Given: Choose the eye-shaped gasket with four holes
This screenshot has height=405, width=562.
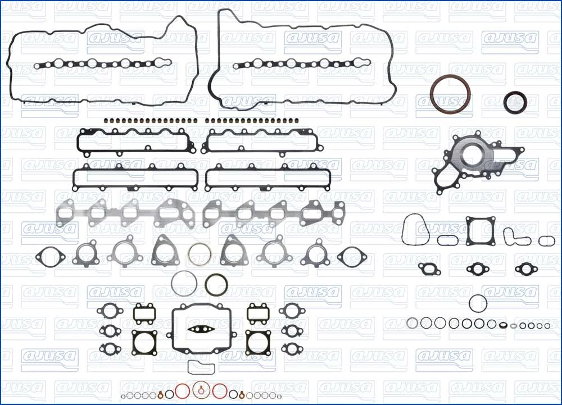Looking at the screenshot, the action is [201, 329].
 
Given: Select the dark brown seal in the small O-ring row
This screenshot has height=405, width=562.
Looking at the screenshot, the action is [504, 325].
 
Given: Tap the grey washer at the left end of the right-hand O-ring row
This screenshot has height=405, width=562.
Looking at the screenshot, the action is [412, 323].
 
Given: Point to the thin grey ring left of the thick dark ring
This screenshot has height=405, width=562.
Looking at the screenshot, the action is [172, 283].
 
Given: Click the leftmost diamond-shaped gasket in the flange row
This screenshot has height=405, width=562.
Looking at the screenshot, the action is [38, 256].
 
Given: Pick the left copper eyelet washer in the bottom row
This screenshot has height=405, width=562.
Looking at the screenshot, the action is [161, 395].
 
